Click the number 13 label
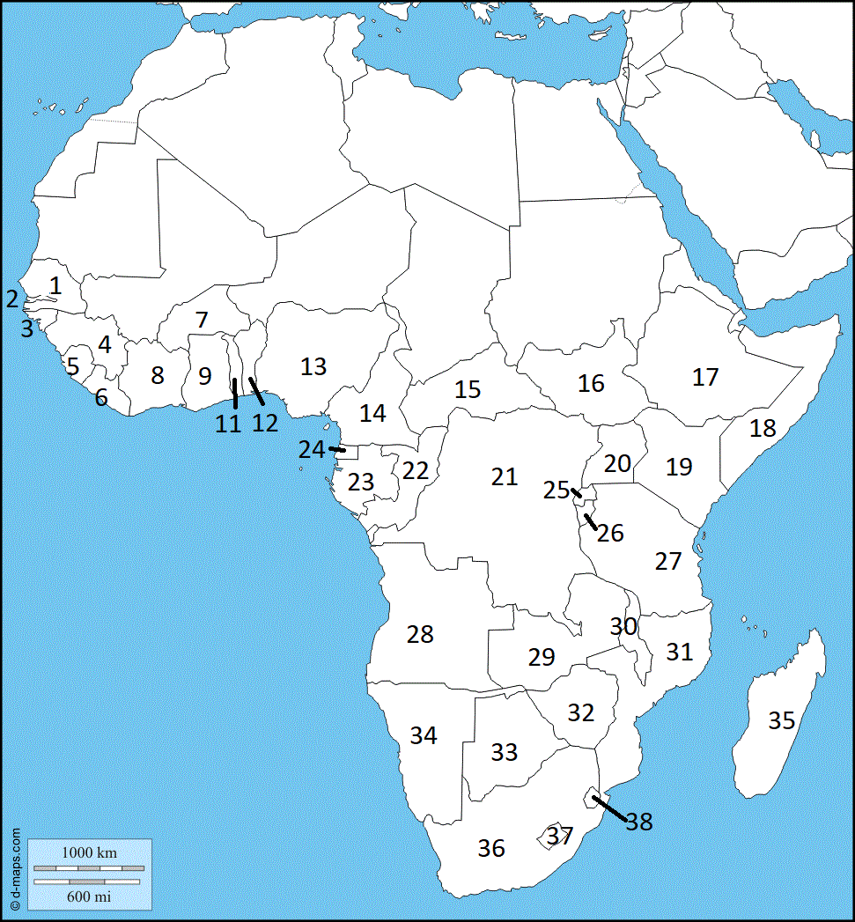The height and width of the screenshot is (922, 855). [x=313, y=366]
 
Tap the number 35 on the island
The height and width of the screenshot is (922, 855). [x=781, y=720]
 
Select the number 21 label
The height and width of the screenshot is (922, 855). [x=504, y=476]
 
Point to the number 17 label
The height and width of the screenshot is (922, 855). [x=705, y=377]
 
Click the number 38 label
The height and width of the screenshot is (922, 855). [x=639, y=822]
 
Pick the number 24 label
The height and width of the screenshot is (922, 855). [x=311, y=449]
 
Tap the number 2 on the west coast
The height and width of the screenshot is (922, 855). [x=11, y=299]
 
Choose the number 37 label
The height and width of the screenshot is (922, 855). [x=560, y=836]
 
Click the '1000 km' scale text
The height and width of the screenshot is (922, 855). [x=88, y=853]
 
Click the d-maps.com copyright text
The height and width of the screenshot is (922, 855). [x=16, y=868]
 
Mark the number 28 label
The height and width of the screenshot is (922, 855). [x=420, y=634]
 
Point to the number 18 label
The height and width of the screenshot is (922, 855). [x=763, y=428]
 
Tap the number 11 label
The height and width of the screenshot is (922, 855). [x=228, y=424]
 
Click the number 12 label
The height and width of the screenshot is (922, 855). [x=265, y=423]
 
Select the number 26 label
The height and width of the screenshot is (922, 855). [x=610, y=533]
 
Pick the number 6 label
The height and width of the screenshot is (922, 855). [x=101, y=397]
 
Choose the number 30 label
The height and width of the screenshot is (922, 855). [x=623, y=626]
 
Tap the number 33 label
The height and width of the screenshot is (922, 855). [x=504, y=752]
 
